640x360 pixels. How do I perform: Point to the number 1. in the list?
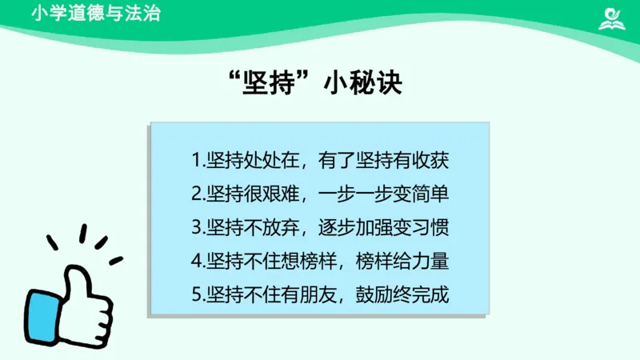pyautogui.click(x=198, y=160)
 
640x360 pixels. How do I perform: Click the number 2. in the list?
pyautogui.click(x=198, y=194)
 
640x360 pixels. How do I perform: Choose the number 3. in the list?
pyautogui.click(x=198, y=227)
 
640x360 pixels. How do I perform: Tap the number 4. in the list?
pyautogui.click(x=198, y=261)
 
